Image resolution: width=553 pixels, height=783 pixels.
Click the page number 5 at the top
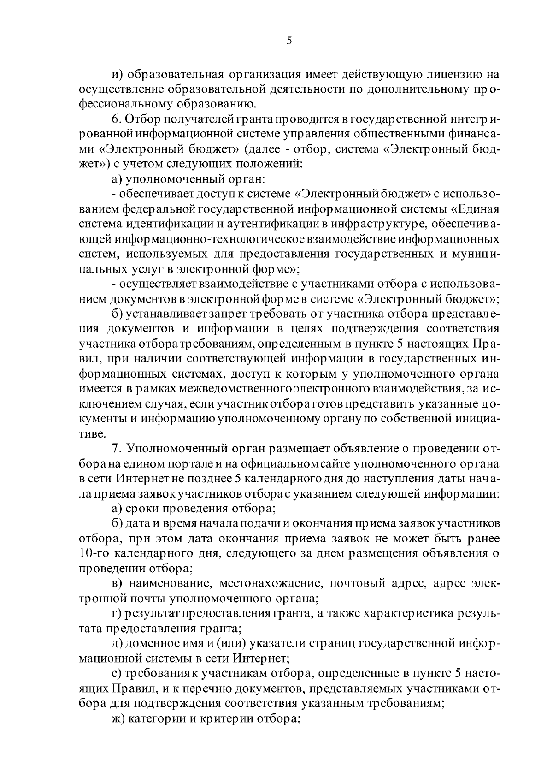(x=289, y=41)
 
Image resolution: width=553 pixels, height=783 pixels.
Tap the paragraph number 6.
(x=116, y=119)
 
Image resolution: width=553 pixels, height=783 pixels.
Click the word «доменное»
(x=154, y=643)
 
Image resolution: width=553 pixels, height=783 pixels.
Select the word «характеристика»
(x=409, y=614)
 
